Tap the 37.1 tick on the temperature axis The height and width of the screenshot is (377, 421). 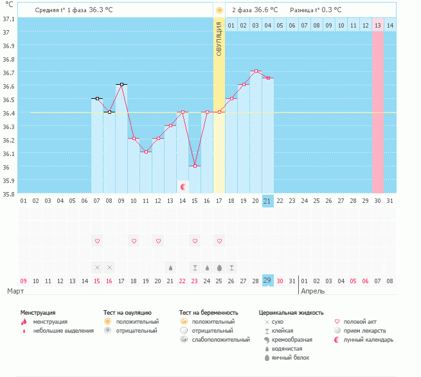(x=9, y=19)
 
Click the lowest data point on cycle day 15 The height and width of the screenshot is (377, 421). (x=195, y=166)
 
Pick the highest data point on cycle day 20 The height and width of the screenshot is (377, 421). (x=256, y=71)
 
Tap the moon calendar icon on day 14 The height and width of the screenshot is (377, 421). (x=183, y=186)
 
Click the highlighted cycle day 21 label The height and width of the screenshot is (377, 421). (x=268, y=201)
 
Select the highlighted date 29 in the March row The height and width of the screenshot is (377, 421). (x=268, y=281)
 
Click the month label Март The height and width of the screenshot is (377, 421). (x=15, y=291)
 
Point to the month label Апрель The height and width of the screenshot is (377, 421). (x=312, y=291)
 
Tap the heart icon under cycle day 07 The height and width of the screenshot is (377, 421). (x=98, y=241)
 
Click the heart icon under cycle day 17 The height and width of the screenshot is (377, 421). (x=219, y=241)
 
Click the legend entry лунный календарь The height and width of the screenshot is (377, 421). (x=368, y=340)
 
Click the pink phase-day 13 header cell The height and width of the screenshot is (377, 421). (x=378, y=25)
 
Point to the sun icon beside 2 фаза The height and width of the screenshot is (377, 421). (x=220, y=10)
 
